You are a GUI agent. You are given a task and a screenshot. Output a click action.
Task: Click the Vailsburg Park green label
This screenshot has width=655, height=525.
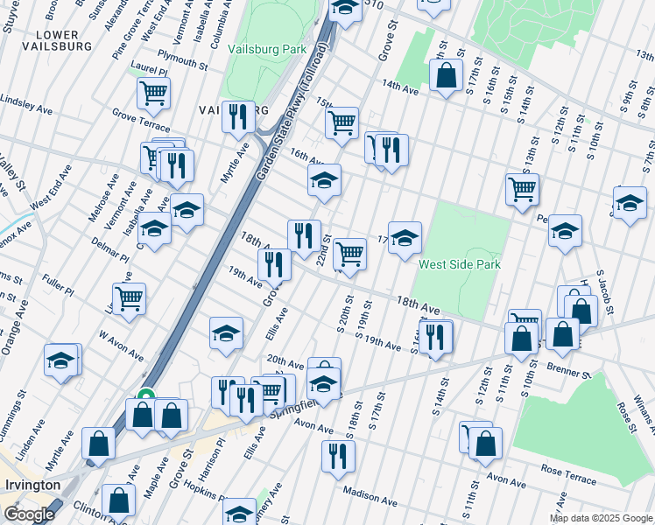pyautogui.click(x=267, y=50)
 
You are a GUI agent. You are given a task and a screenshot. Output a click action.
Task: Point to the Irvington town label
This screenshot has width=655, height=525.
pyautogui.click(x=31, y=485)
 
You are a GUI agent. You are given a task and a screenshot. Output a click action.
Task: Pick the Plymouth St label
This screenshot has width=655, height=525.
pyautogui.click(x=181, y=62)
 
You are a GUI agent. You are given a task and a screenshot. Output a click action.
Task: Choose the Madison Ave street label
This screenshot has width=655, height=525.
pyautogui.click(x=370, y=497)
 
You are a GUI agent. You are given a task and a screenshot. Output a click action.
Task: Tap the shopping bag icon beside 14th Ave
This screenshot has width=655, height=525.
pyautogui.click(x=446, y=75)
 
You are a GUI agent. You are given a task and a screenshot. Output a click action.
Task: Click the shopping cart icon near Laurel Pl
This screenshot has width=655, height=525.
pyautogui.click(x=153, y=92)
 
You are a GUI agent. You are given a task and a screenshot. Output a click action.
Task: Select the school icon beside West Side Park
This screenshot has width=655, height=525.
pyautogui.click(x=405, y=237)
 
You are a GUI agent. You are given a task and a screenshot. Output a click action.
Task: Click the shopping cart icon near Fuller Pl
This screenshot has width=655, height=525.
pyautogui.click(x=129, y=297)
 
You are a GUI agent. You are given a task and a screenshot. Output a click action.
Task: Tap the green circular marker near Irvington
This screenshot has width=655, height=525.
pyautogui.click(x=146, y=395)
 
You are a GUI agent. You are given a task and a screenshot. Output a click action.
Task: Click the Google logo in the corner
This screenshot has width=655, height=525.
pyautogui.click(x=29, y=514)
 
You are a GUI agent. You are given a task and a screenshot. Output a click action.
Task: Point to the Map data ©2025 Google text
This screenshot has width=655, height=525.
pyautogui.click(x=601, y=518)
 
